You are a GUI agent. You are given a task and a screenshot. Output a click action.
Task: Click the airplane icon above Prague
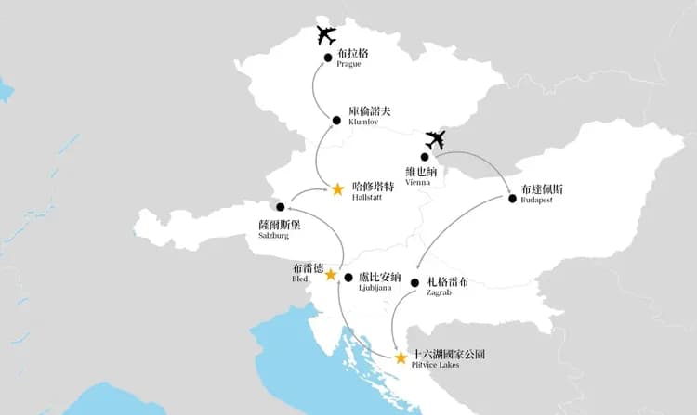325,36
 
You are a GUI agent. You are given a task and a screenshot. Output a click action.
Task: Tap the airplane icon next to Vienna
434,140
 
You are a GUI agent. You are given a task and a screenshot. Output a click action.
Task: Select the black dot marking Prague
328,58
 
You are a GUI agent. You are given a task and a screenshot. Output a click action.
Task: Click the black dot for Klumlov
336,120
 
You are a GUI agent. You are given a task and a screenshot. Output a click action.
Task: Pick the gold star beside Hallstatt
337,189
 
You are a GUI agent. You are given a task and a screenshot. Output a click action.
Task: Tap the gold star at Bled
330,275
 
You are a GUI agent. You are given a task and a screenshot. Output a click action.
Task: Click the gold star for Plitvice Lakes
401,357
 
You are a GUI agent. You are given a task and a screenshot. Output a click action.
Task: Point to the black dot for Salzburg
280,207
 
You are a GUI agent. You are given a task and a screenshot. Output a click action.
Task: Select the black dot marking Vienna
425,157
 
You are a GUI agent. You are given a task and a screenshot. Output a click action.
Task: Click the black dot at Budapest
512,198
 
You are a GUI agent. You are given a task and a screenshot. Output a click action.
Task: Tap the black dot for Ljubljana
348,277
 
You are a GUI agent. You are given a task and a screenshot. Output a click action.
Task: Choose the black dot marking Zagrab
414,282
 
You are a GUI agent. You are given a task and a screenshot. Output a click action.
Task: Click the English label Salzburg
261,236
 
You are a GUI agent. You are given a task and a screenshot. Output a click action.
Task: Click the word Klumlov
363,122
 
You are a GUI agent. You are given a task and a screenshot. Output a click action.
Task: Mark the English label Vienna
419,182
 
